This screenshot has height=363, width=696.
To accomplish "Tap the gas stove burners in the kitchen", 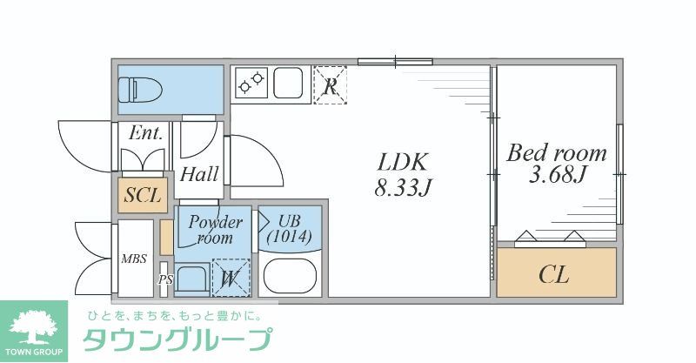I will coord(251,83).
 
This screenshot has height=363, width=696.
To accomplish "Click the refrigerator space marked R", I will coord(330,84).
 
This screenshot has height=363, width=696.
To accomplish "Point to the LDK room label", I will coord(402,162).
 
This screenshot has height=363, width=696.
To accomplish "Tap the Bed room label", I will coord(557,154).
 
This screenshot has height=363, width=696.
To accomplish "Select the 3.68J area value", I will coord(557,176).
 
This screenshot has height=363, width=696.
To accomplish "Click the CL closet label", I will coord(554,276).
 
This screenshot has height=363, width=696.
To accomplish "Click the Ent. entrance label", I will coord(145,134).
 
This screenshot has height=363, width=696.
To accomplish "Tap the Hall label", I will coord(199,174).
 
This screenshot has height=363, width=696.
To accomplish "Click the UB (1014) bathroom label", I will coord(290,228).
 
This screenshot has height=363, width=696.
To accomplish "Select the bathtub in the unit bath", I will coord(291,276).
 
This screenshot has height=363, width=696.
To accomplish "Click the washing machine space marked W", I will coord(230,279).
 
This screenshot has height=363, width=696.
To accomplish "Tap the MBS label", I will coord(134,258).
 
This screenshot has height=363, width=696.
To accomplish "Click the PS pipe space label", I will coord(165,280).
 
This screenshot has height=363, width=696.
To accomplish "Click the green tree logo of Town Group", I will coord(33,326).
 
